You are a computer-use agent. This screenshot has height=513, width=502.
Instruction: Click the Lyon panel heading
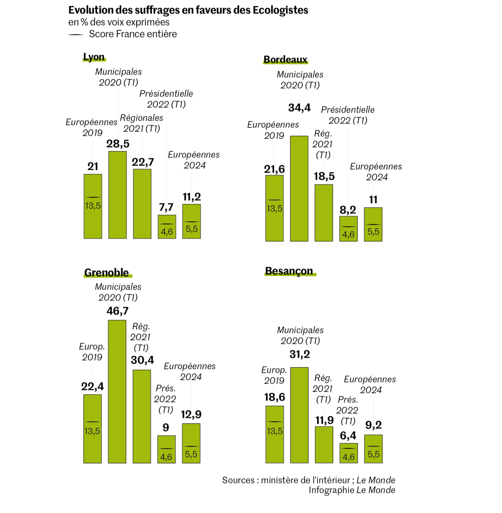coord(94,57)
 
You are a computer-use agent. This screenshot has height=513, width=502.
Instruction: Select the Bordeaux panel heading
coord(285,60)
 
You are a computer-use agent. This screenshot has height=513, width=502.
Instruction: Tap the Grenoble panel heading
coord(106,273)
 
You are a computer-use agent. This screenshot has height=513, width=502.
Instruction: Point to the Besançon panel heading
coord(289,271)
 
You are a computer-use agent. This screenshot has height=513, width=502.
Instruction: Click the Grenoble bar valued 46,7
coord(117,391)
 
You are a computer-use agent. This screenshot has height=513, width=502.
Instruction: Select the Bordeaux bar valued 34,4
coord(299,188)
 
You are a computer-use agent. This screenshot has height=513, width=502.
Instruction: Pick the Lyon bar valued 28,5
coord(117,194)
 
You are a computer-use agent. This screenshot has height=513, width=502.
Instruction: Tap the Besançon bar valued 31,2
coord(299,415)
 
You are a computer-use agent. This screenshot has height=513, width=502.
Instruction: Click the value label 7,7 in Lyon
coord(166,207)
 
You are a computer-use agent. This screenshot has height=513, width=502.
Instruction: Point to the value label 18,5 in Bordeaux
coord(324,176)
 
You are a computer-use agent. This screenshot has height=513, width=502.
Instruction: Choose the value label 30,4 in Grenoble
coord(142,359)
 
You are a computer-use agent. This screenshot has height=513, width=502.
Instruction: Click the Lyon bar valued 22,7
coord(142,203)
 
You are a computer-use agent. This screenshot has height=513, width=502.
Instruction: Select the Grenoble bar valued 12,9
coord(191,443)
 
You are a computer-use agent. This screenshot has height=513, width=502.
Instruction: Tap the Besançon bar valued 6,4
coord(348,452)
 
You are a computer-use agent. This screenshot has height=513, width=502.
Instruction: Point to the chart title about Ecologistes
coord(188,10)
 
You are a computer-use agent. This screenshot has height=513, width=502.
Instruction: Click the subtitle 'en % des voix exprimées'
coord(119,22)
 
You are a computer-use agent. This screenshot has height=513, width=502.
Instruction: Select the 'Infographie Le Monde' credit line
coord(352,490)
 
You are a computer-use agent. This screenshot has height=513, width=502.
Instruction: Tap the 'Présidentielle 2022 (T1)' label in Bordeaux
coord(348,115)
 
